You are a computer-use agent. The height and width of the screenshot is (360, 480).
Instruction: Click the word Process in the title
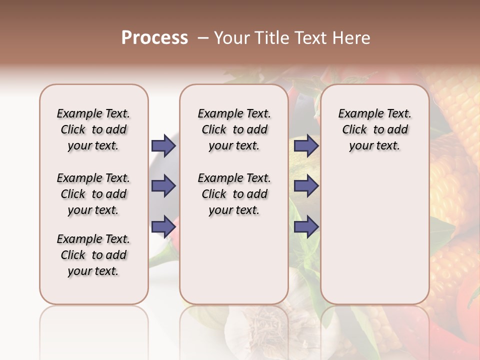154,38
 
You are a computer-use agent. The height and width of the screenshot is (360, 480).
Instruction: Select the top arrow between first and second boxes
163,145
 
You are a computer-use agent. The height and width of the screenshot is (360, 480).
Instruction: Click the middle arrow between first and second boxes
163,186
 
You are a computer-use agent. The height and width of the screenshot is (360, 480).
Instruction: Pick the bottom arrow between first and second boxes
163,226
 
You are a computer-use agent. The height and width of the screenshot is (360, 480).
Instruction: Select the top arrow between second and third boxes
306,145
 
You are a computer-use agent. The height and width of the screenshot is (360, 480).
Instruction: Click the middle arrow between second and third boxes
306,186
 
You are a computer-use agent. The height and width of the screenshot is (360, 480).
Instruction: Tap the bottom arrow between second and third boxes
306,226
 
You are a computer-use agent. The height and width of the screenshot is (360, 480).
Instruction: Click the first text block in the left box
93,129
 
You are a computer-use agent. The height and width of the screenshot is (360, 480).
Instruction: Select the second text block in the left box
93,194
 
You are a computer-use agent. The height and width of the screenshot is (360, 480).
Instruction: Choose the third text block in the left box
93,255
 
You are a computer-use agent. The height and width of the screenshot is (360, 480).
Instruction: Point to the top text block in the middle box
234,129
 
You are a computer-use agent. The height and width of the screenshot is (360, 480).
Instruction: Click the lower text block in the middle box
234,194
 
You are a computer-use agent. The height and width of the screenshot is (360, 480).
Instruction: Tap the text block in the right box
374,129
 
